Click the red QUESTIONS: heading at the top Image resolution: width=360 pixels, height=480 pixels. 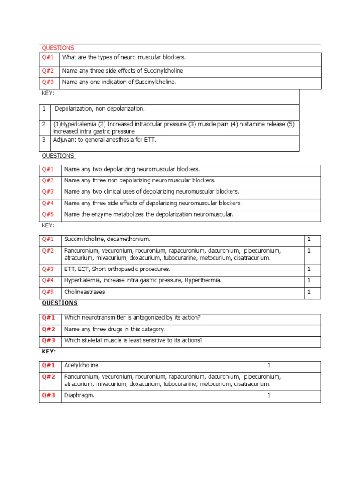(59, 48)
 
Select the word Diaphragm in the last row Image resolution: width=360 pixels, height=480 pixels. (79, 395)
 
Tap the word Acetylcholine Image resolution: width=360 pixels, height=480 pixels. (81, 365)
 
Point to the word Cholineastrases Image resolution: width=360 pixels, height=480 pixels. (84, 292)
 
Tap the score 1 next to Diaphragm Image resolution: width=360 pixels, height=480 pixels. (269, 395)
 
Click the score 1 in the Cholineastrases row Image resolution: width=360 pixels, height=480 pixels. (309, 292)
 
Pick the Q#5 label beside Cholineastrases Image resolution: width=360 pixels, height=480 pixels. (48, 292)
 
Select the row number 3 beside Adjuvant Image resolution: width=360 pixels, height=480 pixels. (44, 140)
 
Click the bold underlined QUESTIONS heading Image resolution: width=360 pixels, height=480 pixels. (60, 303)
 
